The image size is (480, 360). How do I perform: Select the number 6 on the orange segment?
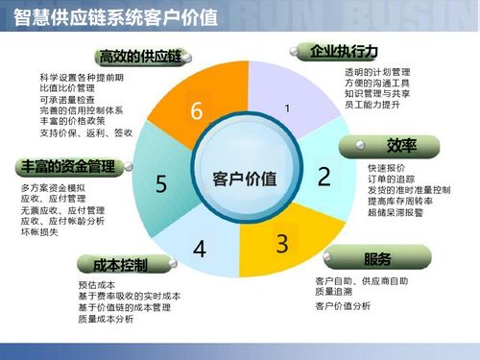(196, 111)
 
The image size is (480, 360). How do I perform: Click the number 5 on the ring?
(161, 183)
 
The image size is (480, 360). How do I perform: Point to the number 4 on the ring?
(199, 250)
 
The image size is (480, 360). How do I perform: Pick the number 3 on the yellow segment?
(281, 243)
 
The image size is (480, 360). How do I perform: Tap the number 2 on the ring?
(324, 176)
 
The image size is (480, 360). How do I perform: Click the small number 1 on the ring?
(286, 109)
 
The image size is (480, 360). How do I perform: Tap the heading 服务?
(377, 259)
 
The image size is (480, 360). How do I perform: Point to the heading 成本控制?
(120, 264)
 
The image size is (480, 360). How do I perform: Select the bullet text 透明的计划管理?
(377, 72)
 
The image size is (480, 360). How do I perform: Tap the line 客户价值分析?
(343, 306)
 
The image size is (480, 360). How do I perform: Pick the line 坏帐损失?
(39, 232)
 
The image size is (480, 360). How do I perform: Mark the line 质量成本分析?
(106, 321)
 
